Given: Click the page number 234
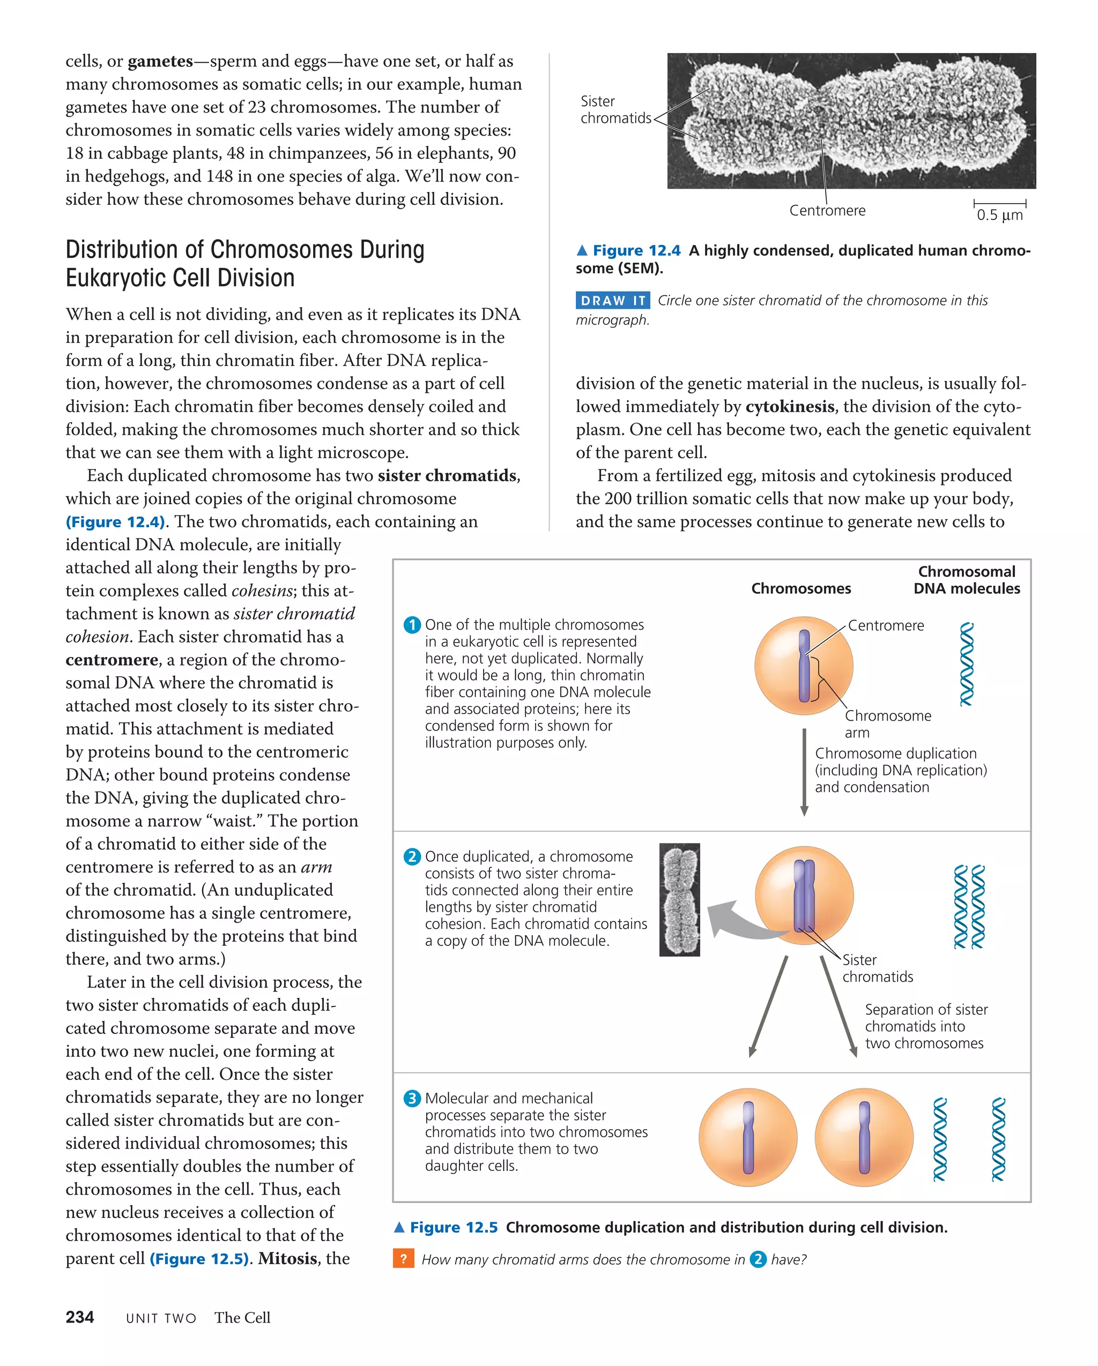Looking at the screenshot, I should coord(79,1317).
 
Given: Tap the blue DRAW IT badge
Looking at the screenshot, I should coord(612,300).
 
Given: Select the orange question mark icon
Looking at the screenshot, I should coord(403,1258).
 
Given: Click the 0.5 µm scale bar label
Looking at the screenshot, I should coord(999,215).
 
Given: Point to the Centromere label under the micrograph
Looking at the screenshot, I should coord(827,211).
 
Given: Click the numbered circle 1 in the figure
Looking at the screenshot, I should coord(412,625).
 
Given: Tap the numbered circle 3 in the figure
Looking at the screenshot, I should coord(412,1098).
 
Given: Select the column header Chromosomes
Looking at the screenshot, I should coord(800,588).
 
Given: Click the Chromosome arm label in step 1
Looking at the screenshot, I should coord(887,723).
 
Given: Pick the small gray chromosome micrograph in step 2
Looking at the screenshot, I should coord(680,899).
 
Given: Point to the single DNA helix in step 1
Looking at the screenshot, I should coord(966,664).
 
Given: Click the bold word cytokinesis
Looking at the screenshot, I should coord(789,406).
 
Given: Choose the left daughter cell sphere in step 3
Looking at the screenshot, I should coord(748,1137).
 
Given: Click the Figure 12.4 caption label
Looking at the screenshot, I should coord(636,250).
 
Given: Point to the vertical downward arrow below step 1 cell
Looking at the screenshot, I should coord(804,772).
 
